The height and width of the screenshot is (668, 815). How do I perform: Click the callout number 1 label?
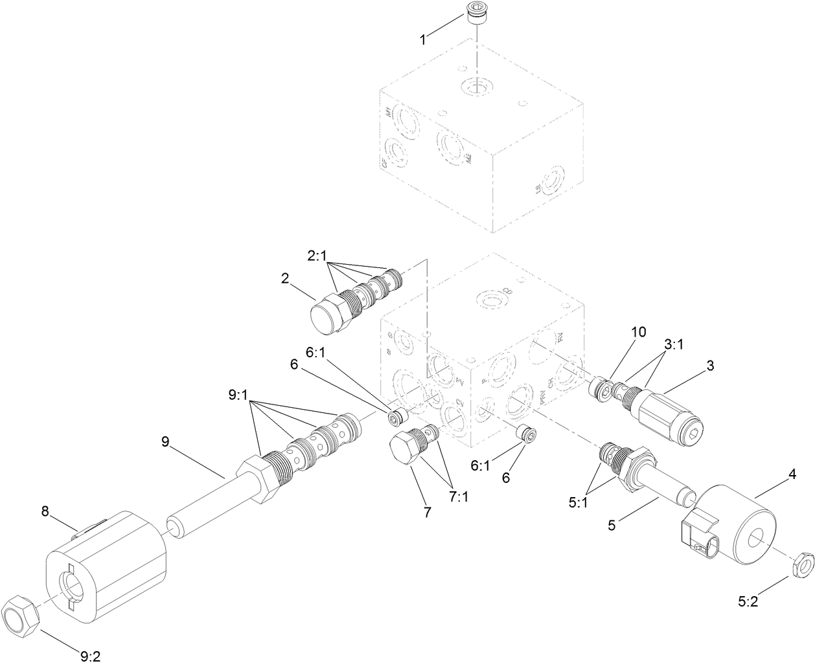pos(422,39)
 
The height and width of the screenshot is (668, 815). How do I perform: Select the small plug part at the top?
pos(476,12)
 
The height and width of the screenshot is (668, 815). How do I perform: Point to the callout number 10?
pos(638,332)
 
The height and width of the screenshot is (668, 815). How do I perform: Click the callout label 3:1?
pos(674,345)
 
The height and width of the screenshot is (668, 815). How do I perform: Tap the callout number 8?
pos(45,511)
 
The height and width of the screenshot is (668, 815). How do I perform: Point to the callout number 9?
pos(165,441)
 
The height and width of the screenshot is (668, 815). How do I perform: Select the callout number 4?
pos(791,475)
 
